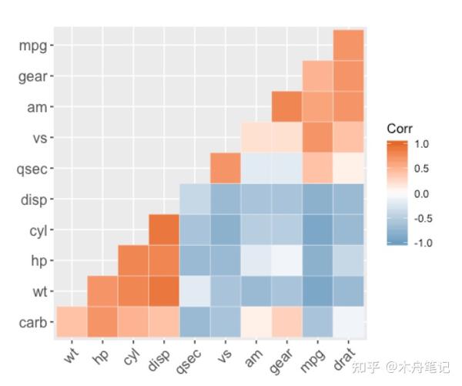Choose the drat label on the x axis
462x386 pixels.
click(343, 357)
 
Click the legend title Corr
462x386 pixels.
click(400, 129)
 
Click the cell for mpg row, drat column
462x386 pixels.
click(349, 45)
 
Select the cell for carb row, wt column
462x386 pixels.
click(72, 323)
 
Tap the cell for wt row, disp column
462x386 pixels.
click(164, 292)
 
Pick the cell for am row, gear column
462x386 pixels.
click(287, 107)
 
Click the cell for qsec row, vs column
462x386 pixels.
click(226, 169)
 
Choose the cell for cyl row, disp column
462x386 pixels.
click(164, 230)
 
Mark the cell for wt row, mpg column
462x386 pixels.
click(318, 292)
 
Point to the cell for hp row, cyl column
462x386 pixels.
click(133, 261)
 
